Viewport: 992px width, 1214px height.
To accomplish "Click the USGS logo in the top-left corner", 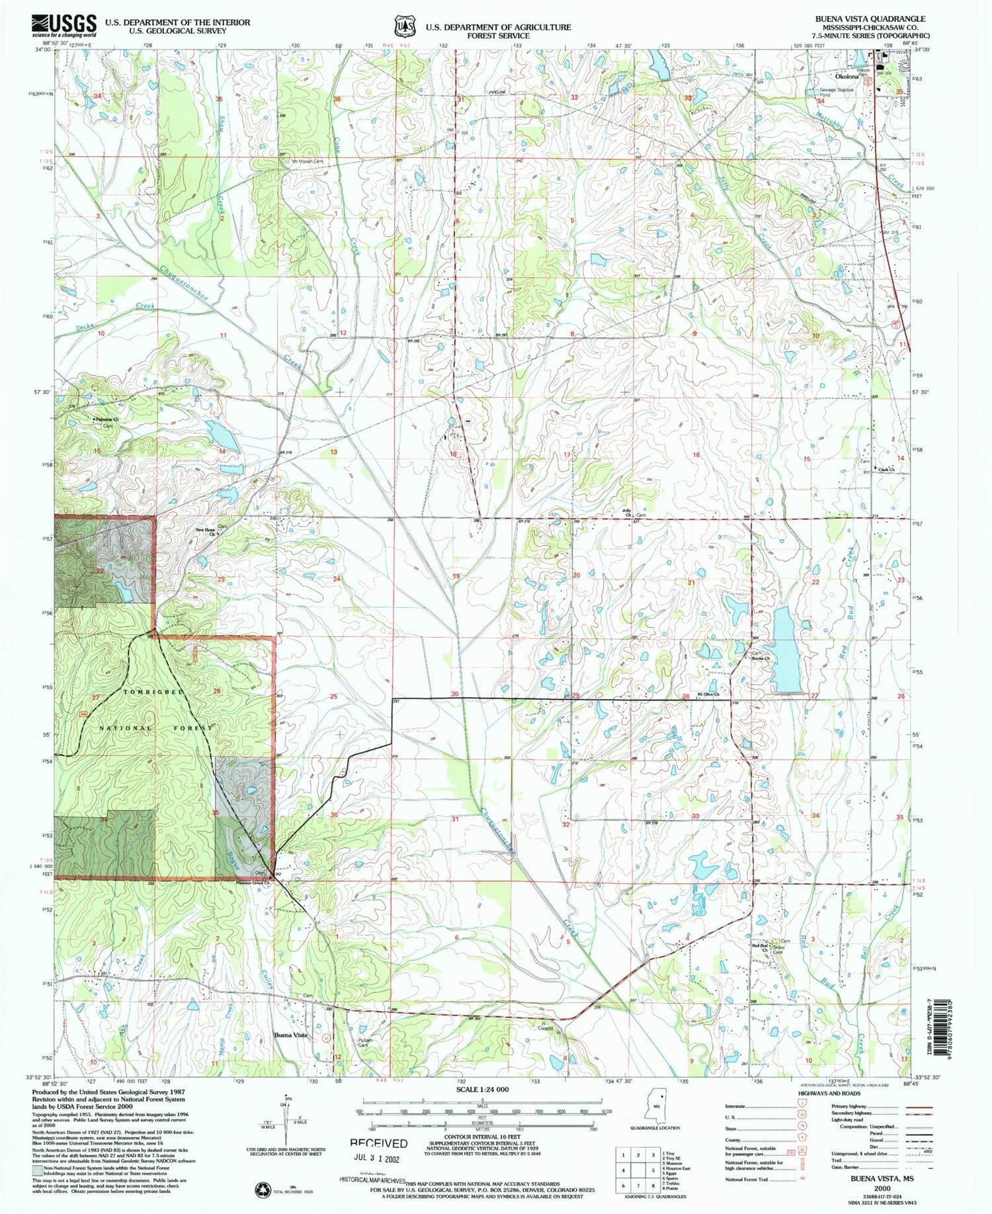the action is point(63,26).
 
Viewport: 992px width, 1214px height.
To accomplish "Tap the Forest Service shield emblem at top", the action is point(403,26).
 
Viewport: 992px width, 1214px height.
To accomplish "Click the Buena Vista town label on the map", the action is point(292,1035).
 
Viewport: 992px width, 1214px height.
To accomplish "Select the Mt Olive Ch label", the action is point(717,694).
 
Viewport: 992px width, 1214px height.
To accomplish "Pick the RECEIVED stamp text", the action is point(378,1143).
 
